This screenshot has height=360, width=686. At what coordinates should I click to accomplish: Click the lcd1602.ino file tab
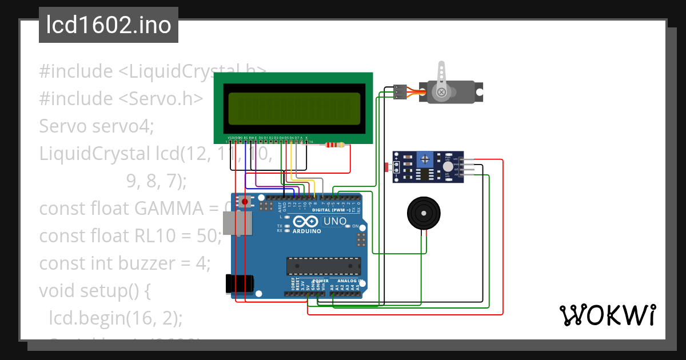point(109,25)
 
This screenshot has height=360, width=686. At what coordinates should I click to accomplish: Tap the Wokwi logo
point(607,315)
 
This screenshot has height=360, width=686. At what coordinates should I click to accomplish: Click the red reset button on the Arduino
point(246,201)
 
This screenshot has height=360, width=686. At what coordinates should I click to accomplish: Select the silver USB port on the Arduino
point(236,223)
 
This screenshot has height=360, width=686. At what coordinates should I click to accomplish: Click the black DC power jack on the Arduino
point(239,284)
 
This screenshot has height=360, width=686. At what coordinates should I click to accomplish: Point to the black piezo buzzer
point(424,214)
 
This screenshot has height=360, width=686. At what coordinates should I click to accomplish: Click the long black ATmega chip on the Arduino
point(324,265)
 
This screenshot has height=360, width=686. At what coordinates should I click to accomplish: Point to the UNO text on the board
point(335,221)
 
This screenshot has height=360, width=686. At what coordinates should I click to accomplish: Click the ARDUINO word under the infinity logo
point(306,231)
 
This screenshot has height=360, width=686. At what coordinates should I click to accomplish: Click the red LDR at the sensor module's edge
point(387,167)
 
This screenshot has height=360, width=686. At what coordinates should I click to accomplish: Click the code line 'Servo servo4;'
point(96,126)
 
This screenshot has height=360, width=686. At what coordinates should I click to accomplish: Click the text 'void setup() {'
point(94,291)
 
